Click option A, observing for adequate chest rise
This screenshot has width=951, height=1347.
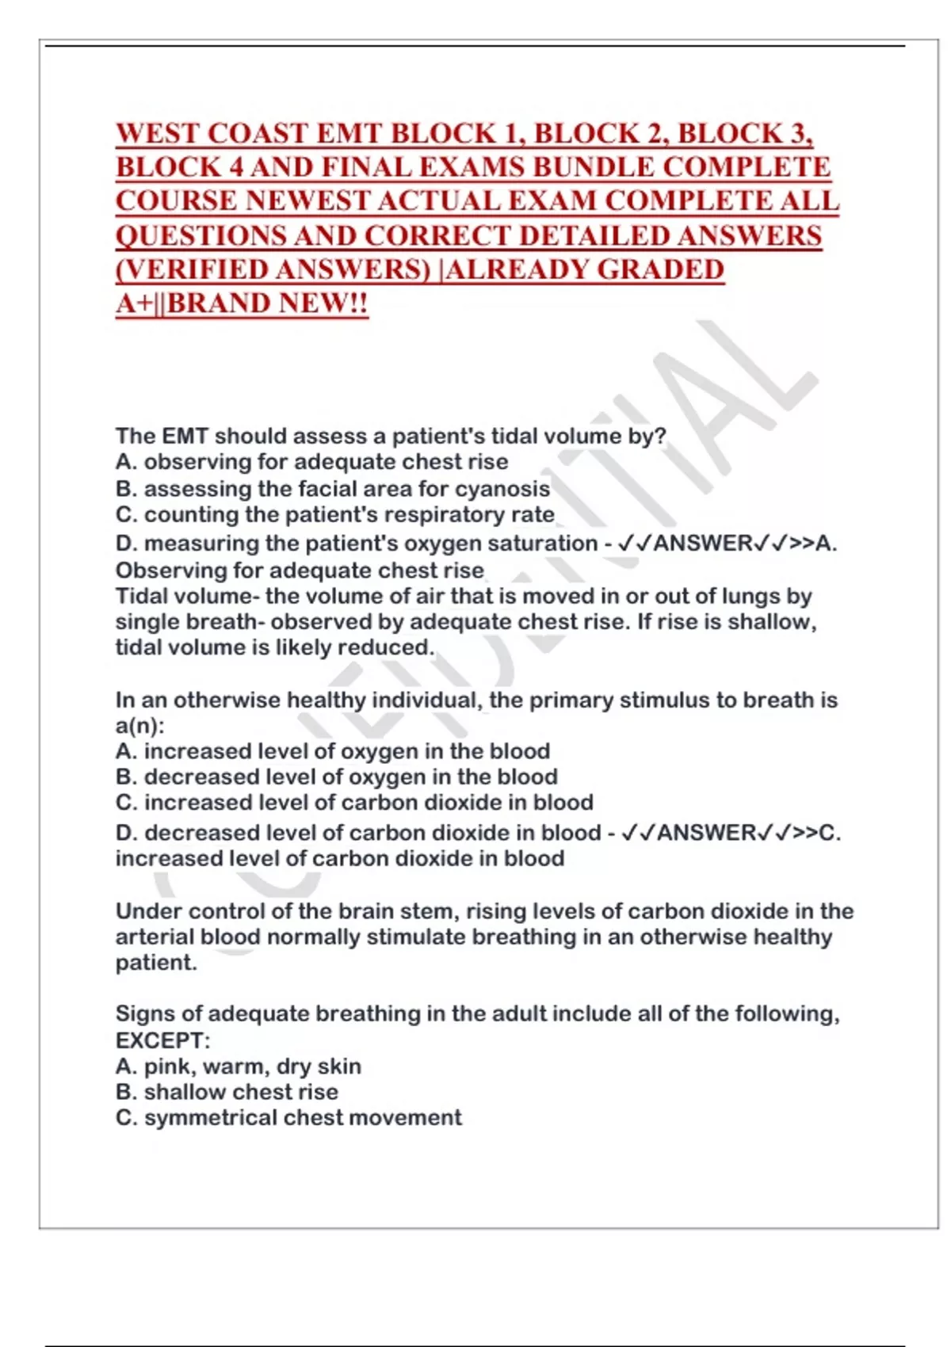pos(311,462)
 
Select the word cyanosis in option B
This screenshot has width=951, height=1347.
pos(502,489)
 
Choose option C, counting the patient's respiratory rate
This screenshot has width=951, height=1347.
pos(334,515)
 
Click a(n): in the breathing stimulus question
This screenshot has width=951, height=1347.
pos(140,726)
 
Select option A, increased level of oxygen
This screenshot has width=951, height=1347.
pos(332,751)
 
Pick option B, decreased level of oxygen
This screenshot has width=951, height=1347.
pos(336,777)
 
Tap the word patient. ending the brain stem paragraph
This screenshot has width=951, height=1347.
pos(156,963)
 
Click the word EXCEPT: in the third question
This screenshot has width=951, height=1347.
pos(162,1040)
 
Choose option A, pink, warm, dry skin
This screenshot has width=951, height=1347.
pos(238,1067)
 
